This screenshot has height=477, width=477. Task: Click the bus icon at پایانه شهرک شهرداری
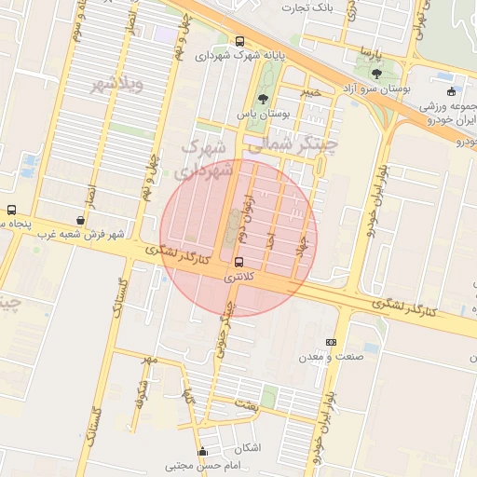240,41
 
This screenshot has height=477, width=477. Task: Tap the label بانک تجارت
310,7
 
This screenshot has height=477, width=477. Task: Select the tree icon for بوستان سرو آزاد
376,73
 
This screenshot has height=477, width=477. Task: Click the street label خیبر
310,92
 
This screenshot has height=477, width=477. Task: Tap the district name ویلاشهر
116,86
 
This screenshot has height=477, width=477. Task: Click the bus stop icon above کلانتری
240,262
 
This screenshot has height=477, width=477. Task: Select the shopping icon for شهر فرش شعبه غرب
80,221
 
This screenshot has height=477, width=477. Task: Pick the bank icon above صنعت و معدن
332,342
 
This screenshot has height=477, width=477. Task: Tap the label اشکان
250,448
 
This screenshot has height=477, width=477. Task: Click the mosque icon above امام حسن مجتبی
202,453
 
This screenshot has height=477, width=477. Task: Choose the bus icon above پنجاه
11,210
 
